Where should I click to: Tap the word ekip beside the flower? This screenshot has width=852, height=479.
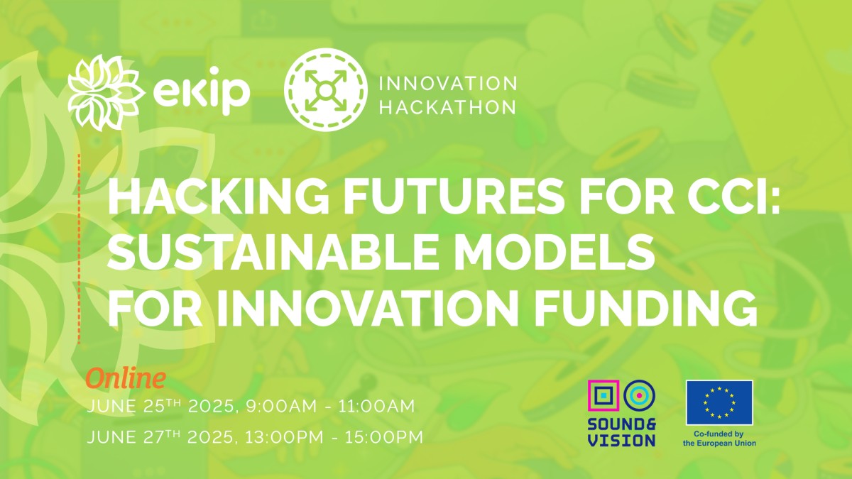click(x=202, y=91)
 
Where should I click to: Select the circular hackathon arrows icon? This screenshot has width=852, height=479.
click(x=326, y=89)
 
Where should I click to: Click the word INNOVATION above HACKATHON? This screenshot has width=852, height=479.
click(x=448, y=84)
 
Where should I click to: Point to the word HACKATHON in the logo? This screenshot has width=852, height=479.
click(x=448, y=107)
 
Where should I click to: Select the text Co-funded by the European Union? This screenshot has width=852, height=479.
click(x=719, y=439)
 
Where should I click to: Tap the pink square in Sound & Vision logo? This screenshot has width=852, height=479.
click(x=603, y=396)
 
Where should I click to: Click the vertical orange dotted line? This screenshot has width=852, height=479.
click(x=79, y=249)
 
